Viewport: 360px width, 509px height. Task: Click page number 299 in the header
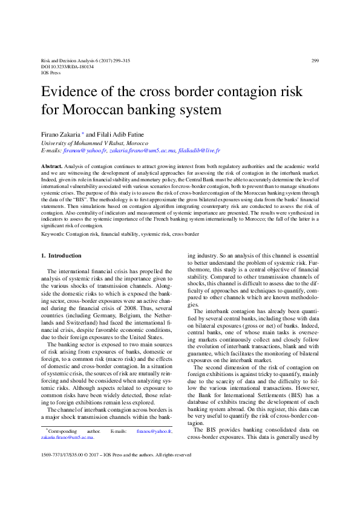tap(315, 60)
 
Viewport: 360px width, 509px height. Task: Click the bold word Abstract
tap(51, 165)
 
